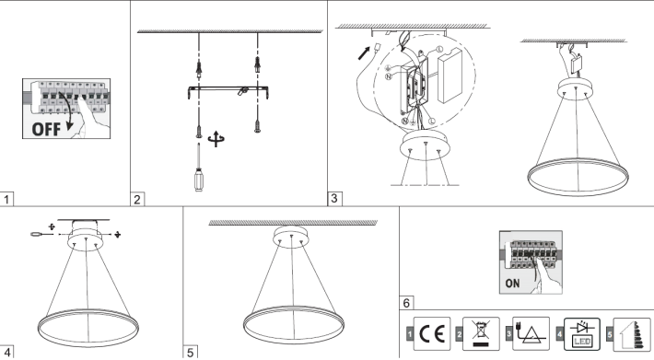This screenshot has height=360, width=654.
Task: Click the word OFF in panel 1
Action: click(46, 129)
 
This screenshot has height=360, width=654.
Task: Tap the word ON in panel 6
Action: click(512, 284)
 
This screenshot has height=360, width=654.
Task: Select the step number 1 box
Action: click(6, 199)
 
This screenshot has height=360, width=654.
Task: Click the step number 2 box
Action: click(137, 199)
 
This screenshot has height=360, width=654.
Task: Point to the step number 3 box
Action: click(335, 198)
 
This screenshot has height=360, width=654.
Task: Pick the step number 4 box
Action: click(6, 352)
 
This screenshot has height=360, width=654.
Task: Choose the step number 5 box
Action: click(191, 352)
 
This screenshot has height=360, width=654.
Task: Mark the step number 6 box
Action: click(406, 303)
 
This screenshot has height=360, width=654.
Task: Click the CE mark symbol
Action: click(432, 333)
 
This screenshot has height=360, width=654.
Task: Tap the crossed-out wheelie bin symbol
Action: click(481, 333)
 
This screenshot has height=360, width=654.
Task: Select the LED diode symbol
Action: click(582, 334)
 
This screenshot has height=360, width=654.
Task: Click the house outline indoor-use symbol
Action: click(631, 334)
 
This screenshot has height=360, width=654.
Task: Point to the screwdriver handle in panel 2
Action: click(199, 180)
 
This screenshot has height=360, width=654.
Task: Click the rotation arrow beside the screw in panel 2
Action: click(216, 139)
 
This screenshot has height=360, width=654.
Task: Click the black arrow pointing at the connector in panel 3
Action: click(364, 52)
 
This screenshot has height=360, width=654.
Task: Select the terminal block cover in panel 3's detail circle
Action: click(450, 75)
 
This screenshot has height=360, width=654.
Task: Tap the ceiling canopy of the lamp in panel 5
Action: click(291, 236)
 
